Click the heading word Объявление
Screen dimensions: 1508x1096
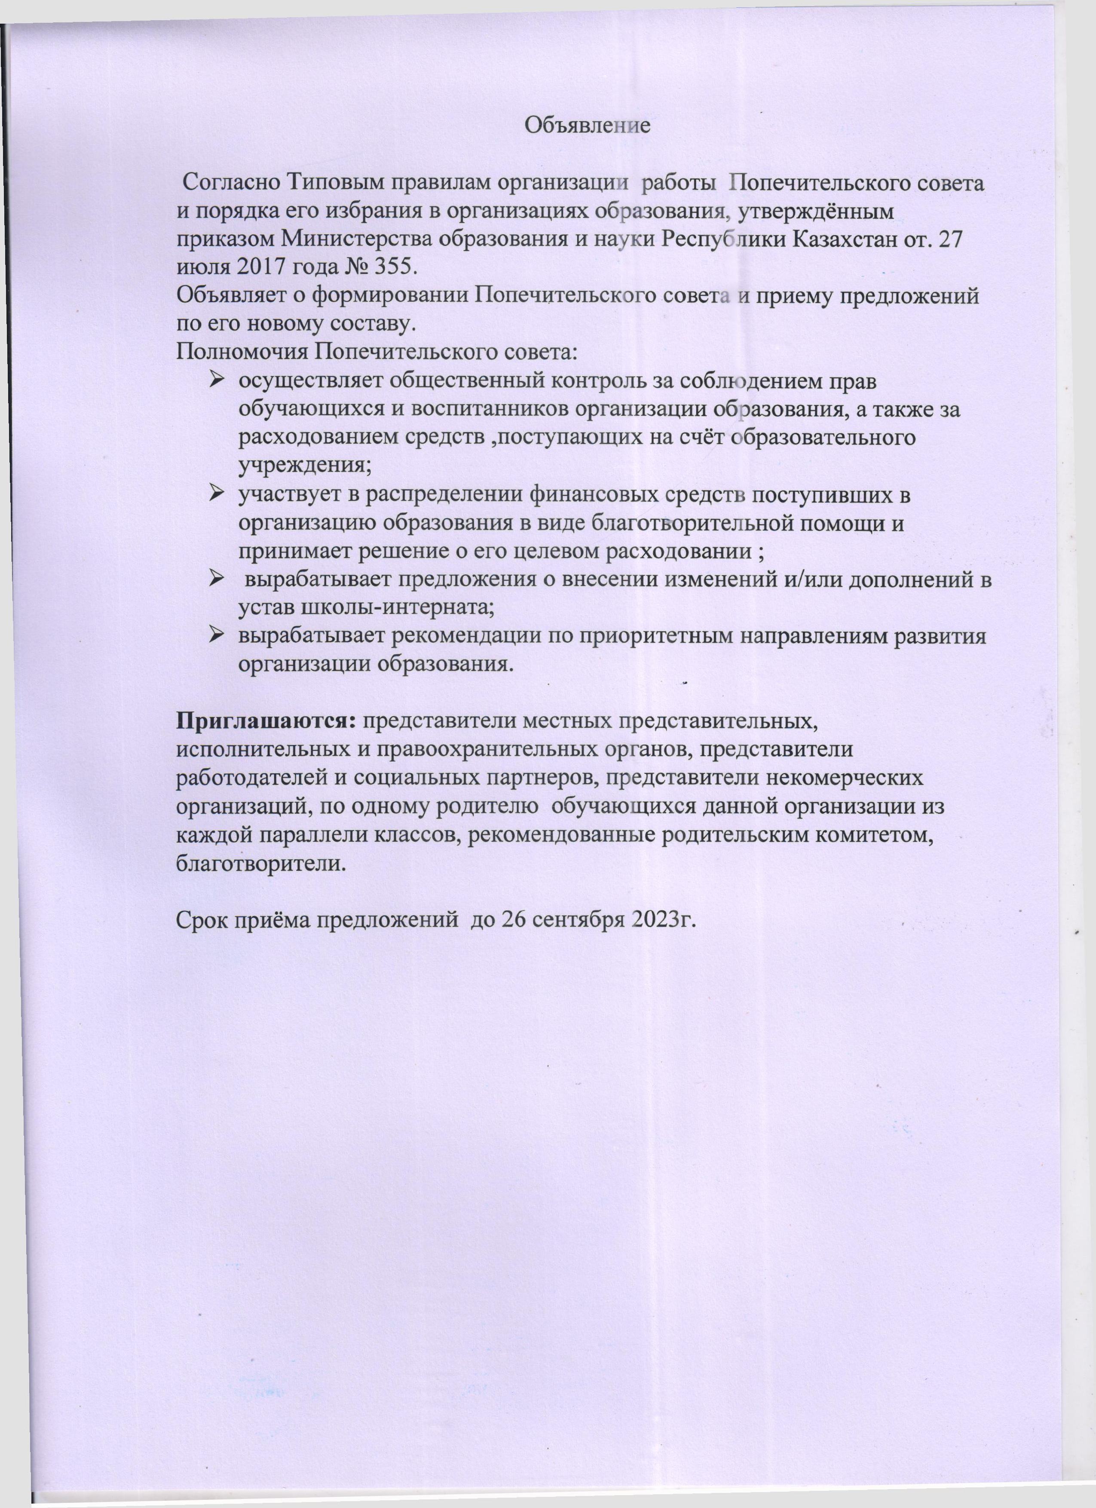coord(588,126)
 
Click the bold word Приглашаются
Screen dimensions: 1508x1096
coord(267,721)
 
